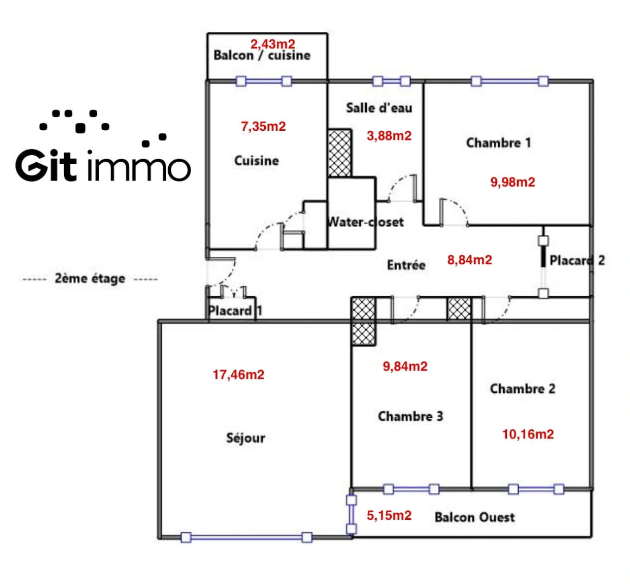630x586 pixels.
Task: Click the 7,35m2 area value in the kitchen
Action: coord(263,126)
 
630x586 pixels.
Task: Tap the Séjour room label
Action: coord(245,438)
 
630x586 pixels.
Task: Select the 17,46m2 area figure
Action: coord(238,375)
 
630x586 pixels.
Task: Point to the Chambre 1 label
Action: coord(498,143)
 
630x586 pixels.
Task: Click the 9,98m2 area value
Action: coord(513,182)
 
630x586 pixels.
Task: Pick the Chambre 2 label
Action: coord(523,389)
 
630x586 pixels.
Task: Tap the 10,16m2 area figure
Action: coord(528,434)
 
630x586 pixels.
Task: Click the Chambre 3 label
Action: coord(410,417)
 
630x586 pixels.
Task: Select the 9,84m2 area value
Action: coord(405,367)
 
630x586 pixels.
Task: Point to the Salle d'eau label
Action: coord(379,108)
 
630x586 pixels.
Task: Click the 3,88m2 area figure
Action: coord(389,136)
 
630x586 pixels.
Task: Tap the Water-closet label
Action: coord(366,222)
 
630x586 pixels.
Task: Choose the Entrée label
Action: coord(406,265)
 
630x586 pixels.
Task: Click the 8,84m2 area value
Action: coord(469,260)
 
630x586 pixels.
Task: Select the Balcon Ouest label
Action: coord(474,518)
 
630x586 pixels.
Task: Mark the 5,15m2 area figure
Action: coord(389,515)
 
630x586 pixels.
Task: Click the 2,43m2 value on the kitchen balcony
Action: coord(272,43)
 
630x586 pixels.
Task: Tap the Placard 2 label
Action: coord(577,260)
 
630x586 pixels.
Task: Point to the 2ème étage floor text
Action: coord(90,279)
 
